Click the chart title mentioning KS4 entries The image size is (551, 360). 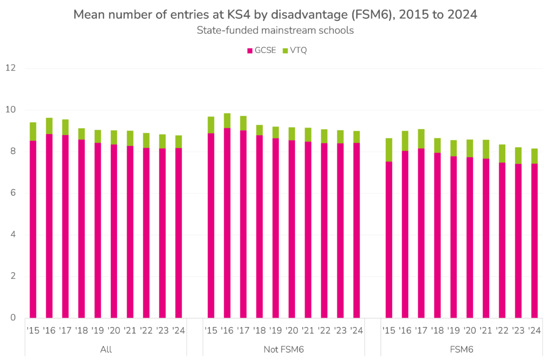(x=275, y=15)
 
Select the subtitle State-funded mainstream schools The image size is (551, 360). (x=275, y=30)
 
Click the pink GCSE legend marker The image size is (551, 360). (x=250, y=51)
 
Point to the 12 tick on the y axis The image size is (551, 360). (x=11, y=68)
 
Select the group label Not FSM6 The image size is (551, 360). (x=284, y=350)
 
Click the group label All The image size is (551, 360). (x=106, y=350)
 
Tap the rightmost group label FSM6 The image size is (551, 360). (x=461, y=350)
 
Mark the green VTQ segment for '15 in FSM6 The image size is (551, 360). (x=388, y=150)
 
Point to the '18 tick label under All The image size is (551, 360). (x=81, y=330)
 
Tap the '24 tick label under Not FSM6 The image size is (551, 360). (x=356, y=330)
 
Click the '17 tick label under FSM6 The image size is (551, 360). (x=421, y=330)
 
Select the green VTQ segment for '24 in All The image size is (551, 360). (x=179, y=142)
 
